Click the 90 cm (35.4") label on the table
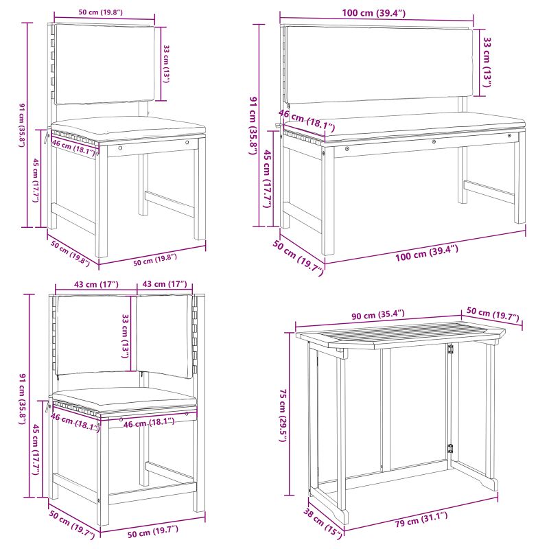378,314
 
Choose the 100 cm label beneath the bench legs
426,249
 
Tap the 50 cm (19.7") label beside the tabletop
492,314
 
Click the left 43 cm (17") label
86,284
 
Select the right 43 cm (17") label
165,284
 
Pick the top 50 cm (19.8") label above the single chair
102,12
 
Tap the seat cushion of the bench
405,124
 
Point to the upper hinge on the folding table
451,349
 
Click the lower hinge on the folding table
451,448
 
